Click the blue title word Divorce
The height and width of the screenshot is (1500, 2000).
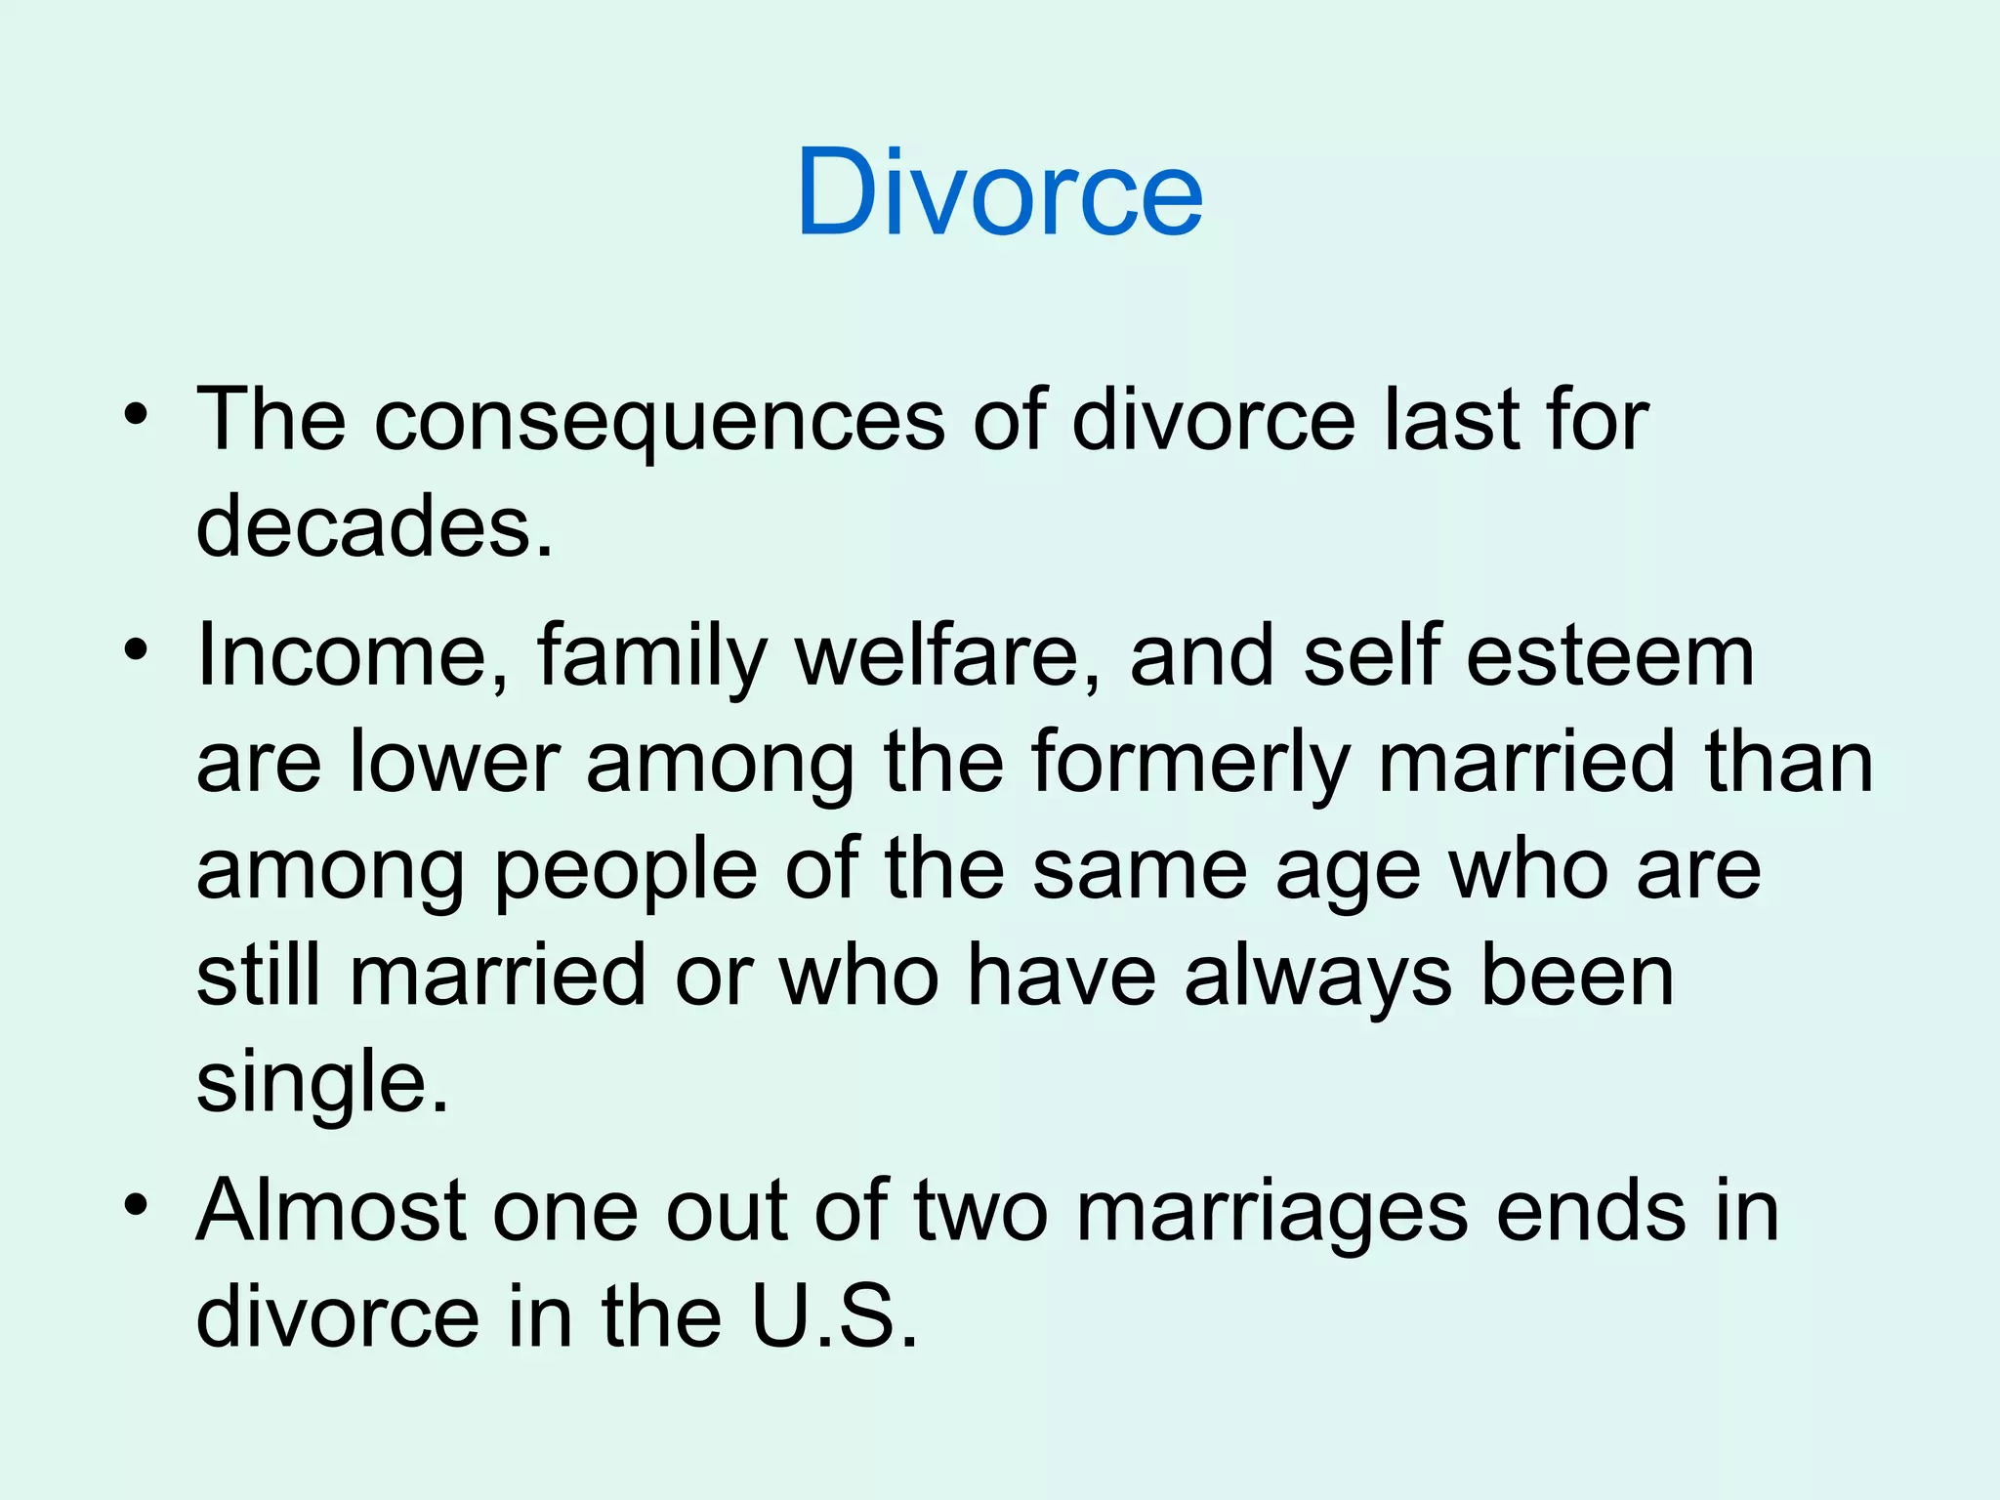[x=999, y=191]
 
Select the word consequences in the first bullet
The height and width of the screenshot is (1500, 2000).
[x=659, y=422]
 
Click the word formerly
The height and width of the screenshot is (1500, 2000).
[x=1189, y=764]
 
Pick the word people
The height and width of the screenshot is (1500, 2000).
[x=626, y=871]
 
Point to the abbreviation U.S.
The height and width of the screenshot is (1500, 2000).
[x=834, y=1318]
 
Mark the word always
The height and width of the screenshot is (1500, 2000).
[x=1317, y=979]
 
